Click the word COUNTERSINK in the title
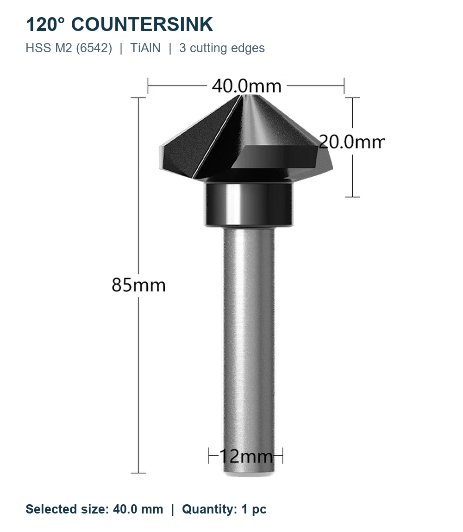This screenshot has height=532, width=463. [142, 25]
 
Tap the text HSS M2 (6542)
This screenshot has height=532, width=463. [69, 48]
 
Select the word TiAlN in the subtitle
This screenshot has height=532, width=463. [145, 48]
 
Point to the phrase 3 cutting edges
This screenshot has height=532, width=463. [222, 48]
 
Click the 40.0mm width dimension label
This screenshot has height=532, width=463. [247, 86]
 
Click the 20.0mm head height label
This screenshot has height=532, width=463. [351, 142]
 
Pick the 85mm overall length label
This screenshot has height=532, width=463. [138, 285]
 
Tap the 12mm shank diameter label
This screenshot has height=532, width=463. [246, 456]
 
